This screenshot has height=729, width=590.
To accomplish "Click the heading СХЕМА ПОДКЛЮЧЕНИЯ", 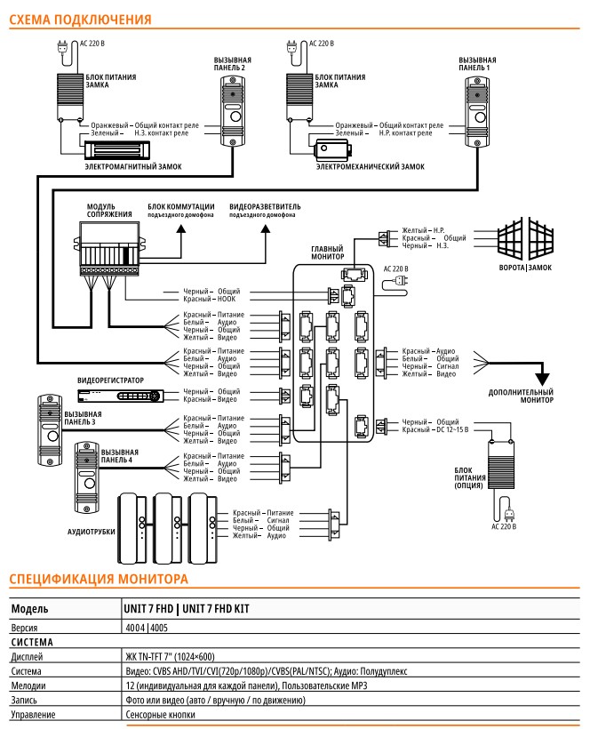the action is pyautogui.click(x=80, y=20).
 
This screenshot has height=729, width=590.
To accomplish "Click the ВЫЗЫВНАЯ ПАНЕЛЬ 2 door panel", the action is pyautogui.click(x=233, y=112).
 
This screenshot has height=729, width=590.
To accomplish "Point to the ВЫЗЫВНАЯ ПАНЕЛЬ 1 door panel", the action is pyautogui.click(x=477, y=112).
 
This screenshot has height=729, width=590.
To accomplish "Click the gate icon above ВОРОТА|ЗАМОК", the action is pyautogui.click(x=525, y=239).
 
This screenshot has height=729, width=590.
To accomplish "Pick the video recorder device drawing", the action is pyautogui.click(x=121, y=396).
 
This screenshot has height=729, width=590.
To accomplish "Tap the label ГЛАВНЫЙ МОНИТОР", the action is pyautogui.click(x=328, y=252).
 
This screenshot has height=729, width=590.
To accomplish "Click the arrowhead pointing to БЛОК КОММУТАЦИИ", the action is pyautogui.click(x=181, y=228).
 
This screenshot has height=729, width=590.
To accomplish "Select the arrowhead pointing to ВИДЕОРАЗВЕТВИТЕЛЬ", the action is pyautogui.click(x=266, y=228).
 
